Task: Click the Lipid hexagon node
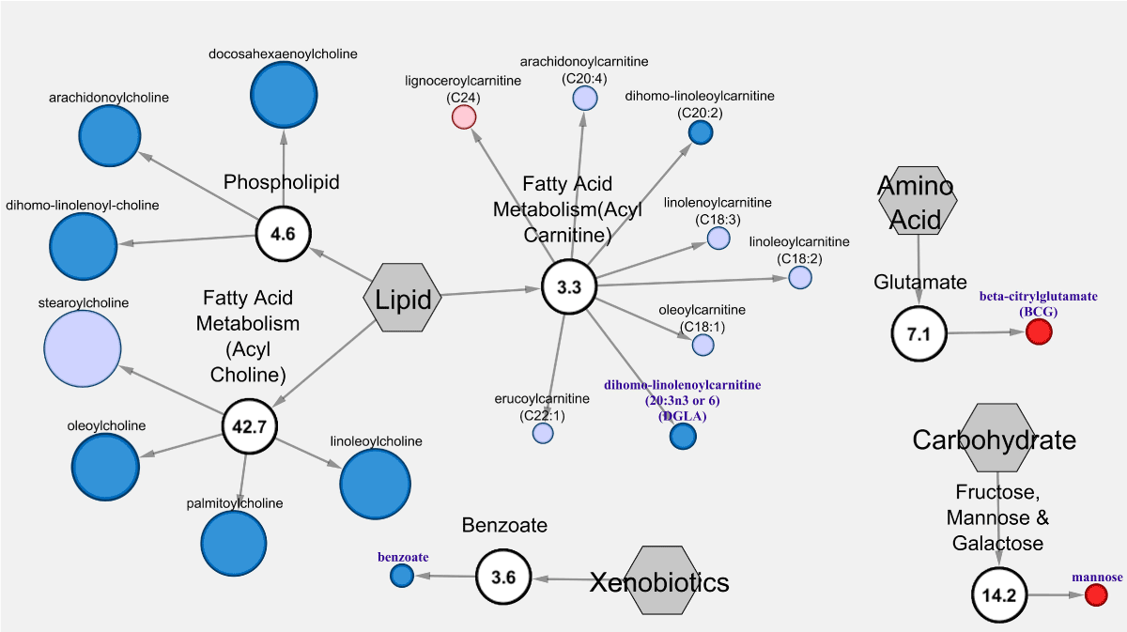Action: tap(402, 299)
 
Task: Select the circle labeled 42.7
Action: tap(250, 427)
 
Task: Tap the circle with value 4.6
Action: tap(283, 235)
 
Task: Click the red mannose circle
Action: tap(1095, 594)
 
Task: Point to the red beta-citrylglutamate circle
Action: tap(1038, 331)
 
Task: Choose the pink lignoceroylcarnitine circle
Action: tap(464, 116)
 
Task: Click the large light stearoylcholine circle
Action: tap(83, 349)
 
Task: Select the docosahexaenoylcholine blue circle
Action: tap(283, 96)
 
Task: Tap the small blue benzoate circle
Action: tap(402, 576)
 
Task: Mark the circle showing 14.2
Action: tap(999, 595)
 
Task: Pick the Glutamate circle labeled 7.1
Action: tap(920, 332)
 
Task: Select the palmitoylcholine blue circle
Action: tap(234, 544)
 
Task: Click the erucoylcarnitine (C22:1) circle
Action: tap(543, 433)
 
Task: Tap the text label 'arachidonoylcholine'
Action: tap(109, 98)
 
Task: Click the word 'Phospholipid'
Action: tap(281, 182)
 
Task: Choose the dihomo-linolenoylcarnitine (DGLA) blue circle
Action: tap(683, 436)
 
